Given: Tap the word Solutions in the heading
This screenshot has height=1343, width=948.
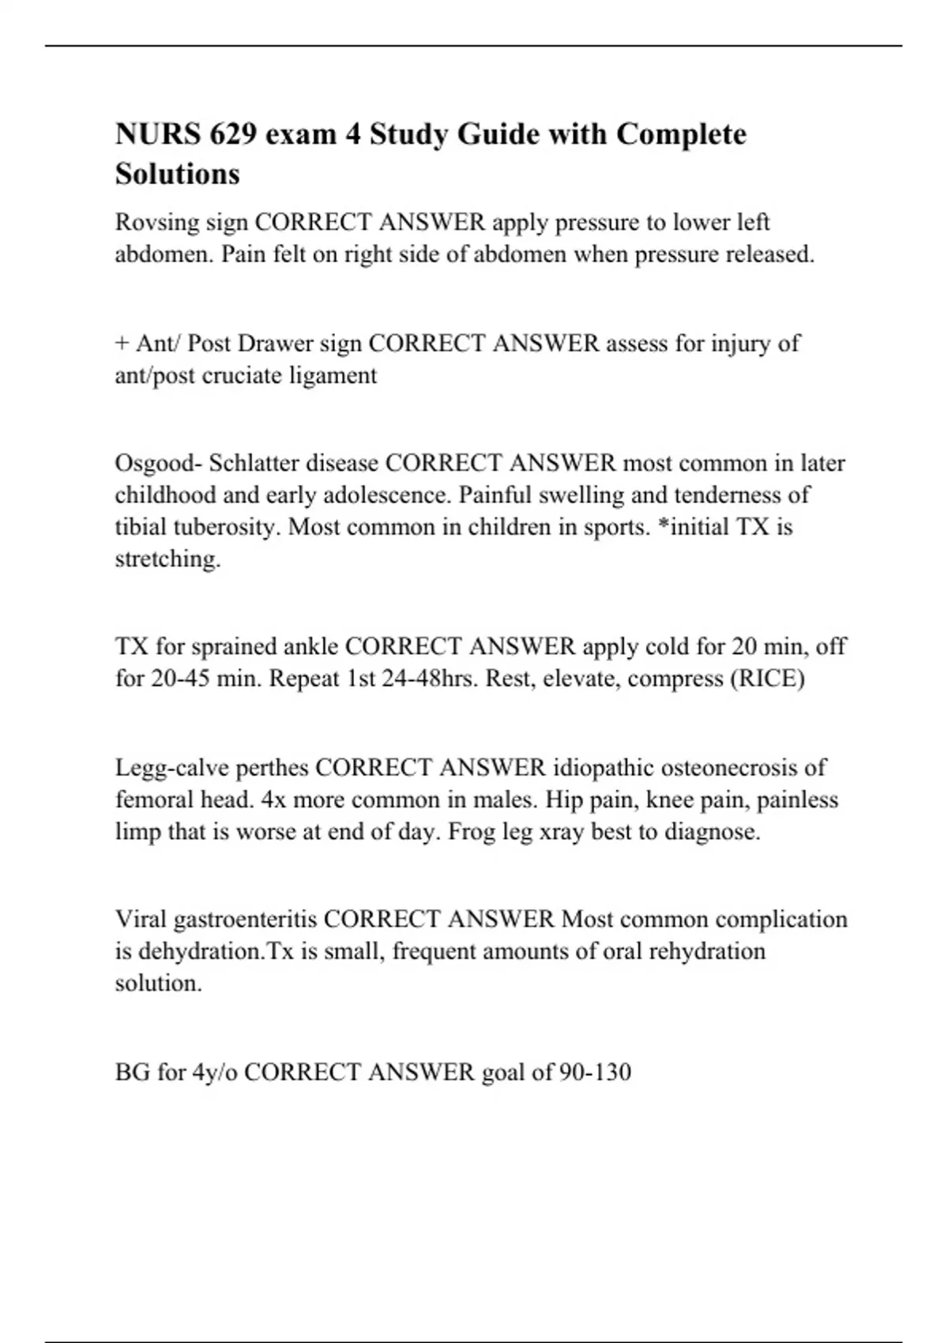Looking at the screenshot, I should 177,174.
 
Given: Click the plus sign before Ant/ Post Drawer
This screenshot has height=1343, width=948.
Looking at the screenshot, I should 122,344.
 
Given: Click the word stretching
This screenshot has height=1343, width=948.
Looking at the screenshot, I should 167,559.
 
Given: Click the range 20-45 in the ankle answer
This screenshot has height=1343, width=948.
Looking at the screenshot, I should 179,679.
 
